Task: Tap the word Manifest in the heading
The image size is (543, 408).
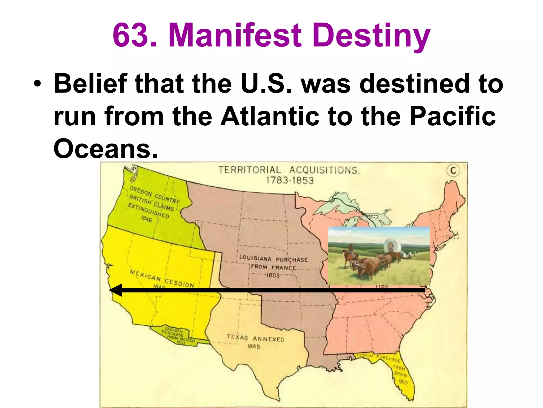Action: (235, 35)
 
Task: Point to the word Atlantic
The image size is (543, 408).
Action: (270, 116)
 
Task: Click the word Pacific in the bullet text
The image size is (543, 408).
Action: (452, 116)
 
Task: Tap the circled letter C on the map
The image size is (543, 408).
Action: (453, 171)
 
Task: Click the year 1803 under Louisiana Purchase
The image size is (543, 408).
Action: (273, 275)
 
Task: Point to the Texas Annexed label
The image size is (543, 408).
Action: (255, 338)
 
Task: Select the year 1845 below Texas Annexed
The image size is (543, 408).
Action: (253, 346)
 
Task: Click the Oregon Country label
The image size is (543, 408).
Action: (155, 194)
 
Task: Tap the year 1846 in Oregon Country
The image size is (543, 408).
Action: (146, 219)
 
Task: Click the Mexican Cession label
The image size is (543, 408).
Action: (162, 278)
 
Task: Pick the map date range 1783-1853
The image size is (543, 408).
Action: (290, 181)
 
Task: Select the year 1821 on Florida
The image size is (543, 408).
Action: (403, 382)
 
